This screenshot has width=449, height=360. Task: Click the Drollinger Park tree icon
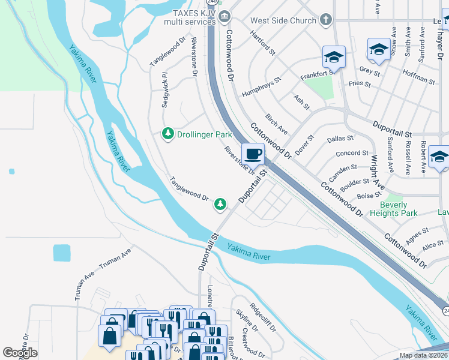pyautogui.click(x=169, y=134)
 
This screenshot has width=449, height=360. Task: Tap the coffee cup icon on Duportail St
pyautogui.click(x=253, y=153)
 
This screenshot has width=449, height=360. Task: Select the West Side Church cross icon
pyautogui.click(x=325, y=20)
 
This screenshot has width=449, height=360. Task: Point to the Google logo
pyautogui.click(x=20, y=353)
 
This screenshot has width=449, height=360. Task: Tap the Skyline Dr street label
pyautogui.click(x=247, y=322)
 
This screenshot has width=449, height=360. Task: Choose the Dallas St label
pyautogui.click(x=340, y=139)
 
